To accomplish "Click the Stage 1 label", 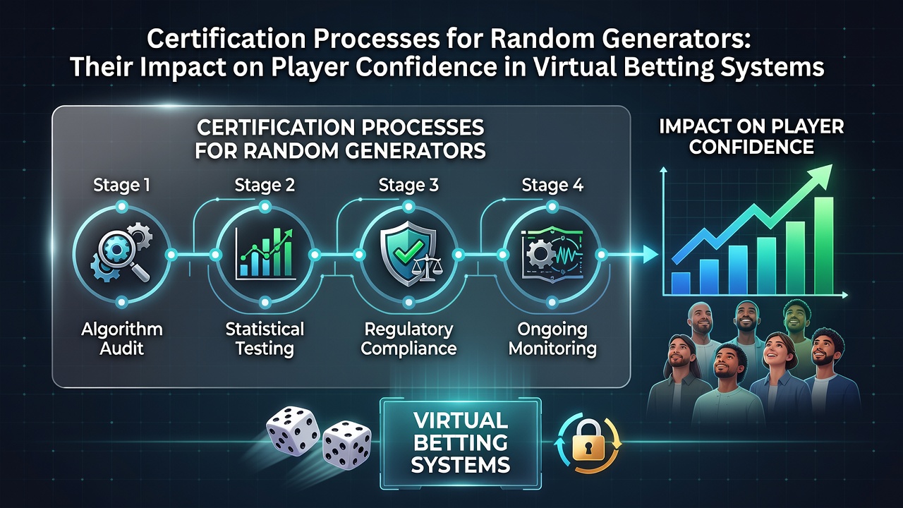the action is click(x=122, y=185).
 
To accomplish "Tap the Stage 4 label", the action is click(x=552, y=185).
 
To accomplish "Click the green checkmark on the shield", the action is click(x=408, y=249).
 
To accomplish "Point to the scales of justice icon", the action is click(x=426, y=267).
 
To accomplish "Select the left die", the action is click(x=292, y=431).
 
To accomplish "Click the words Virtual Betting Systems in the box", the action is click(x=461, y=442).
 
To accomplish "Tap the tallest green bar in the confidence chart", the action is click(x=823, y=246).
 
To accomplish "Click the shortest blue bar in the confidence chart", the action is click(x=681, y=284).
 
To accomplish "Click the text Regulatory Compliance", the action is click(x=408, y=339).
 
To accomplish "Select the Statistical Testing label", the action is click(x=265, y=339).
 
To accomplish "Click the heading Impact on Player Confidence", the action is click(x=751, y=137).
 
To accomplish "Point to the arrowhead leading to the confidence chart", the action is click(x=650, y=255).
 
